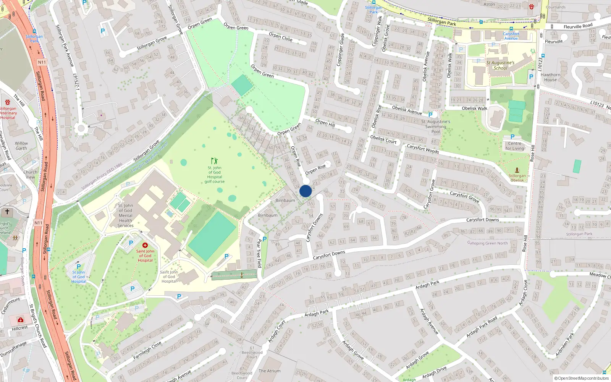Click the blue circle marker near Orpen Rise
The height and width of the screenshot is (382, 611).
click(x=305, y=191)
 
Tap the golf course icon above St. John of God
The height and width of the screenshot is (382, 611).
click(x=215, y=161)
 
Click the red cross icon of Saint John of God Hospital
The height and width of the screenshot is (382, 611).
click(x=145, y=245)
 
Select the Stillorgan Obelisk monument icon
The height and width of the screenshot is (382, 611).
click(x=517, y=170)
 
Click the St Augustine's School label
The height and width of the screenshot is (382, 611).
click(x=500, y=65)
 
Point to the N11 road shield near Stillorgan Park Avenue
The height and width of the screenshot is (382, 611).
click(x=42, y=62)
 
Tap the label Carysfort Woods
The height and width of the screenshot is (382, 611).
click(x=423, y=149)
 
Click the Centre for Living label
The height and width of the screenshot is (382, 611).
click(x=514, y=146)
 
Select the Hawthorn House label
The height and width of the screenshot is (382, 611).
click(x=550, y=77)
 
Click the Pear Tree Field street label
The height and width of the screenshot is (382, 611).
click(x=259, y=253)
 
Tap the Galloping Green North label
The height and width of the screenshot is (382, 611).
click(x=487, y=243)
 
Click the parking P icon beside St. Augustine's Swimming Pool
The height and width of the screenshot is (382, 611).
click(x=430, y=115)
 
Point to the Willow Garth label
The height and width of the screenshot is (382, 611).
click(x=21, y=146)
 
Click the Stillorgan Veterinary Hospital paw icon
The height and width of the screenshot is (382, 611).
click(x=8, y=102)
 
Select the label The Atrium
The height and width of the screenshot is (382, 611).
click(x=270, y=371)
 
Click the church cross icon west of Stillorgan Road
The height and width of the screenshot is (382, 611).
click(x=7, y=211)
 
